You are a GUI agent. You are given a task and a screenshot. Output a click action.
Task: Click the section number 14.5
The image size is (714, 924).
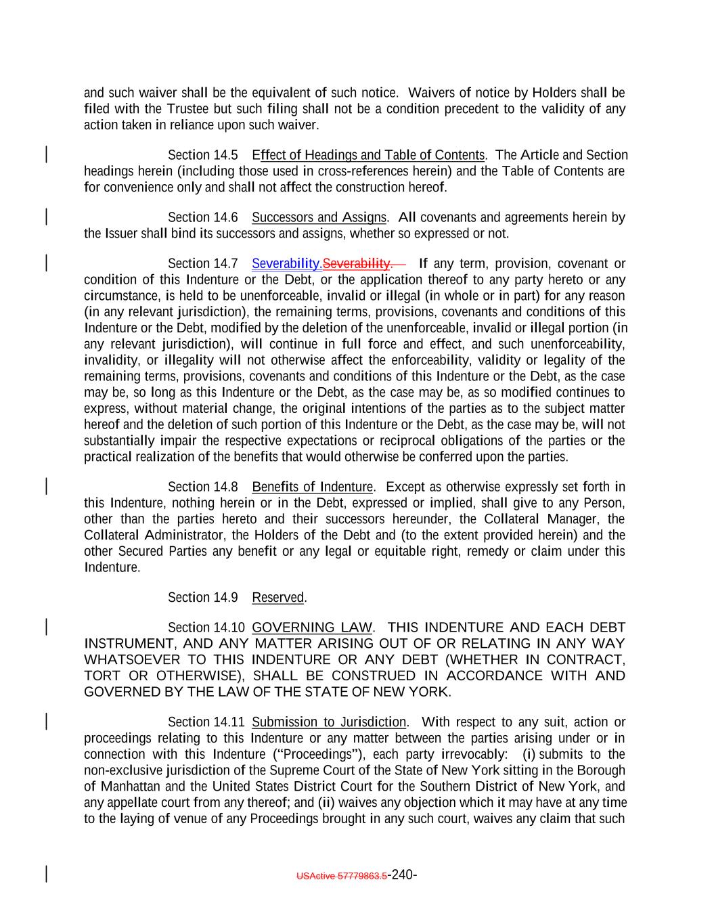pyautogui.click(x=225, y=155)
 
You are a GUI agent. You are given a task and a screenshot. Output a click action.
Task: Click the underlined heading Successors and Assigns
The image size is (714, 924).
pyautogui.click(x=319, y=217)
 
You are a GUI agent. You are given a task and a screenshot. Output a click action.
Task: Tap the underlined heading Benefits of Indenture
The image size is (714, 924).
pyautogui.click(x=312, y=487)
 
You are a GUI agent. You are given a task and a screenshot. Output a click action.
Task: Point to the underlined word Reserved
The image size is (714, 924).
pyautogui.click(x=277, y=598)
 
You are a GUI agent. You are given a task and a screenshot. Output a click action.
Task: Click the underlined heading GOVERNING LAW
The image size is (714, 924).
pyautogui.click(x=311, y=628)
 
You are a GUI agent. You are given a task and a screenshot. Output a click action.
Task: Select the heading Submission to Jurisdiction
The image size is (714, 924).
pyautogui.click(x=329, y=722)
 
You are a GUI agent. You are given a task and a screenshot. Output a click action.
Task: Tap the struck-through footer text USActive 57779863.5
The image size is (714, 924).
pyautogui.click(x=342, y=876)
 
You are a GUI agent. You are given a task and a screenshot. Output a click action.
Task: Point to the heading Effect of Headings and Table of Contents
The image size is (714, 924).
pyautogui.click(x=368, y=155)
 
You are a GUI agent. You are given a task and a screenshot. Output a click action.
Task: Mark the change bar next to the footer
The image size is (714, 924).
pyautogui.click(x=46, y=874)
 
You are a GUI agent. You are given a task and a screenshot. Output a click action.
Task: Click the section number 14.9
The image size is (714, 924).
pyautogui.click(x=225, y=598)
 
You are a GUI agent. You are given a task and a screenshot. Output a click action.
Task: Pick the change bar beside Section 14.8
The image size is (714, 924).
pyautogui.click(x=46, y=487)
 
